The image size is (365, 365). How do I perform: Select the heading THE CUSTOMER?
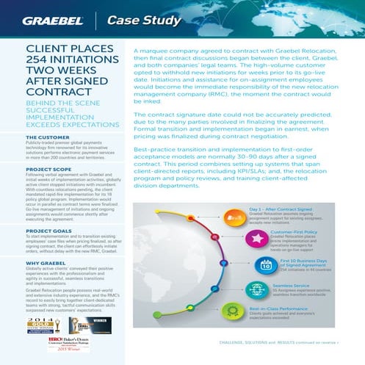(x=48, y=137)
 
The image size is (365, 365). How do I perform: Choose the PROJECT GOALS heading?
(x=48, y=231)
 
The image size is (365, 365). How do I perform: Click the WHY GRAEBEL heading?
(x=48, y=262)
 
